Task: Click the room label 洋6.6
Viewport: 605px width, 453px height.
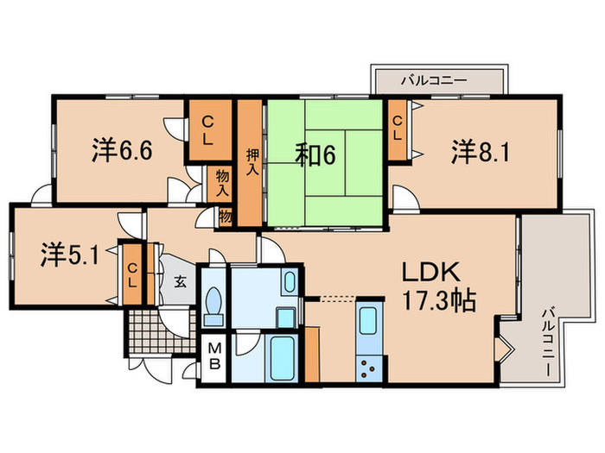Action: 122,151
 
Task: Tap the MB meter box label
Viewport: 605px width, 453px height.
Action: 213,355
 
